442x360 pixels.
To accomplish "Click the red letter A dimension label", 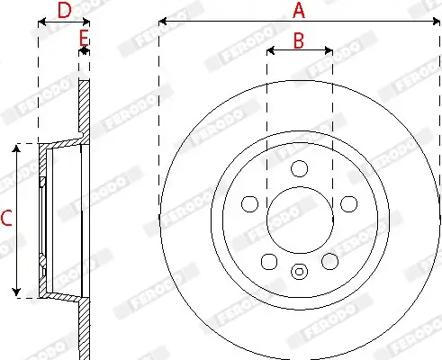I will pos(299,11).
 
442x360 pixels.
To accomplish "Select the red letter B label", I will pos(299,40).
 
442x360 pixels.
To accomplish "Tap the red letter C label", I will pos(6,217).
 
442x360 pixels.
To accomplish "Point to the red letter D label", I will pos(64,11).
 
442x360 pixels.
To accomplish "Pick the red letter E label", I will pos(83,37).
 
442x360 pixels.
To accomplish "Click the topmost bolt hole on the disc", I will pos(300,168).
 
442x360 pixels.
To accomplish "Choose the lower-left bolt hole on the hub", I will pos(268,261).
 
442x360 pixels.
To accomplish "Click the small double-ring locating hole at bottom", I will pos(300,270).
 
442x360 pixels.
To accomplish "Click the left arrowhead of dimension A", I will pos(162,20).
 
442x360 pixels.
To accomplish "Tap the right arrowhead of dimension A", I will pos(437,20).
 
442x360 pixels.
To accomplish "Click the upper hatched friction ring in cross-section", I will pos(84,108).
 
